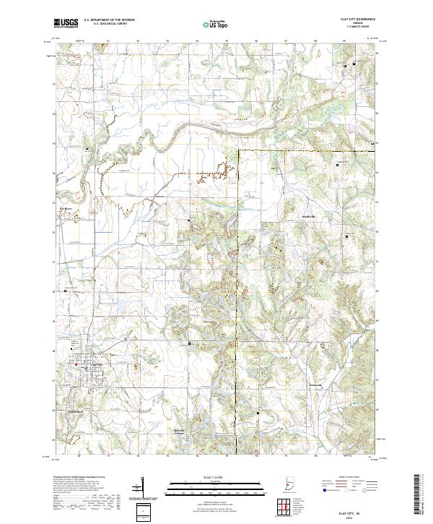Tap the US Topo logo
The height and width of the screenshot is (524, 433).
point(210,24)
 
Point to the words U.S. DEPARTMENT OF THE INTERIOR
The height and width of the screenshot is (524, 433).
point(109,20)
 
